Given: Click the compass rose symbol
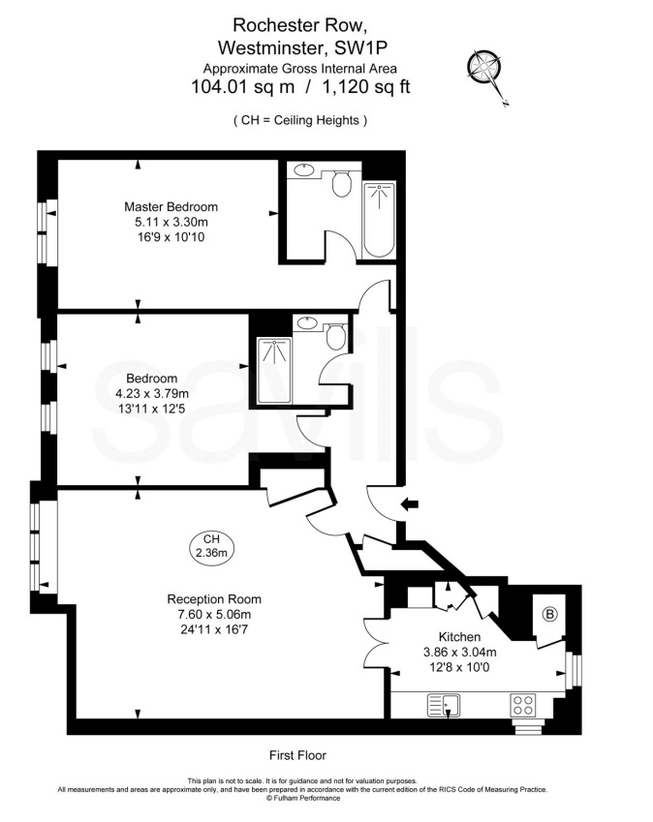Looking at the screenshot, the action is click(x=484, y=68).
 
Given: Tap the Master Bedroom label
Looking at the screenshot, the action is click(x=171, y=206).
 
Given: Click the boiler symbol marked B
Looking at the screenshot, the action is click(x=549, y=614).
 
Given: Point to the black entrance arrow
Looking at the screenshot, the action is click(x=410, y=504).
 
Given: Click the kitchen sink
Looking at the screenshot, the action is click(x=444, y=705).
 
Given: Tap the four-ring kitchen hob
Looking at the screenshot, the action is click(x=523, y=705).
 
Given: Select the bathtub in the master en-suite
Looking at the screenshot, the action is click(x=379, y=220).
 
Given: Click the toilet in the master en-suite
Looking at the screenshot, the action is click(x=341, y=183).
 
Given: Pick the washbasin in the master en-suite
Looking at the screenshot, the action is click(x=303, y=169).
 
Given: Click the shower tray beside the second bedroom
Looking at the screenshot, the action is click(x=274, y=371).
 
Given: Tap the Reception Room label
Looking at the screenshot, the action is click(x=214, y=598).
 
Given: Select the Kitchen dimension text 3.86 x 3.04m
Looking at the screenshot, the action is click(x=459, y=653).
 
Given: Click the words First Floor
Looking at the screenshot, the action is click(x=297, y=755).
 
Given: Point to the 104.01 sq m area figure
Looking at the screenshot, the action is click(x=243, y=86).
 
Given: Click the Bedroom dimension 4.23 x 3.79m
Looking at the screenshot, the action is click(x=152, y=393).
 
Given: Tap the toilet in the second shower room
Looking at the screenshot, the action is click(x=335, y=336).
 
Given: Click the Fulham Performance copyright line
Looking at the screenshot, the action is click(x=303, y=798).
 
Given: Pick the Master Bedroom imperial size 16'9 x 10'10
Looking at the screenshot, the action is click(x=171, y=237).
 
